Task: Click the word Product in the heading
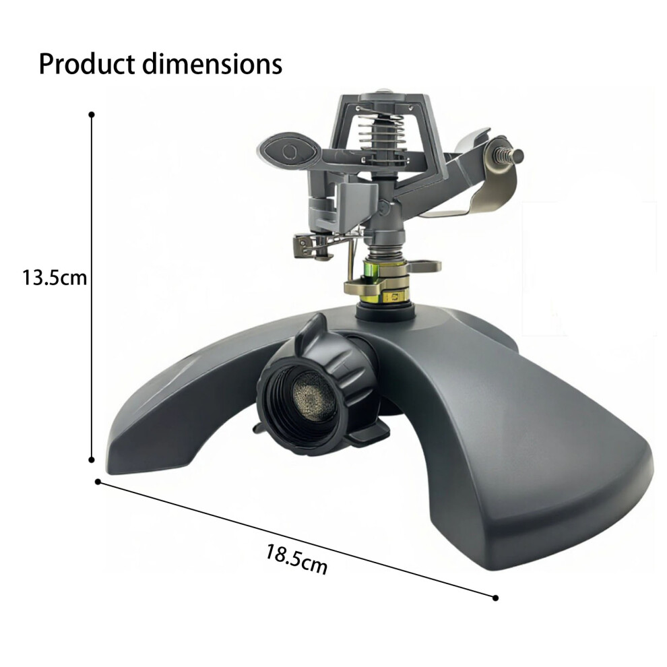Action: (x=87, y=65)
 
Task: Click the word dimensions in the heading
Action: (x=212, y=65)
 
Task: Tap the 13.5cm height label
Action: (x=55, y=278)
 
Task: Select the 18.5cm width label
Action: (x=296, y=559)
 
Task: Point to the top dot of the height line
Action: (x=92, y=115)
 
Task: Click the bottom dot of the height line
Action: (x=92, y=460)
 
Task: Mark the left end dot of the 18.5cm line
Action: (x=98, y=482)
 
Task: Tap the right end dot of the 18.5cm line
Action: (x=495, y=598)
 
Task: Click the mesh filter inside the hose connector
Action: (x=312, y=399)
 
